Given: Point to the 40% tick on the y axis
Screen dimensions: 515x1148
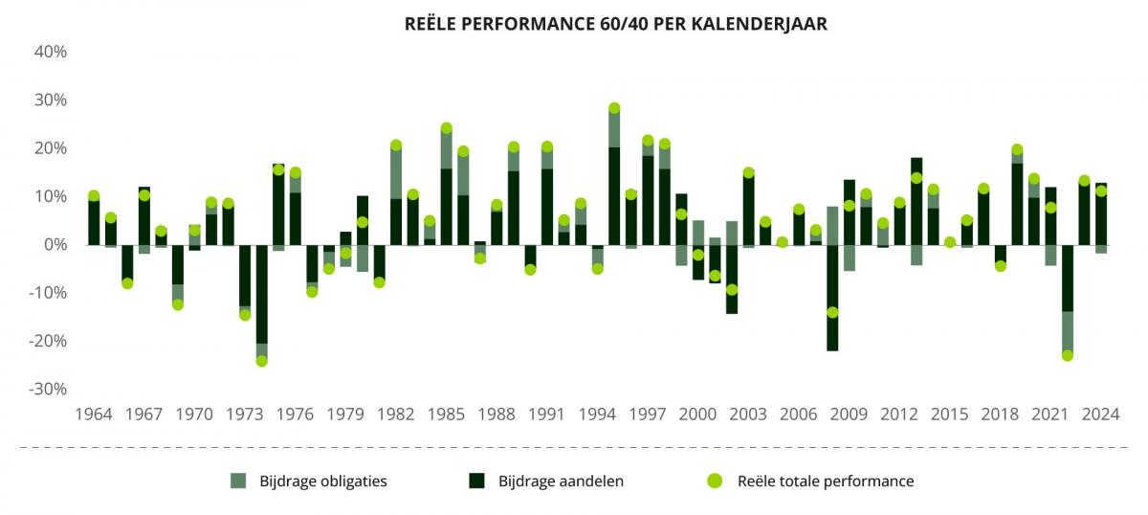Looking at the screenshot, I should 51,52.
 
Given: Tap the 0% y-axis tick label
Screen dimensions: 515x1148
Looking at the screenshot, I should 55,245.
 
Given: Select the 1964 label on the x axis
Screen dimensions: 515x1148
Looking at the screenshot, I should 93,414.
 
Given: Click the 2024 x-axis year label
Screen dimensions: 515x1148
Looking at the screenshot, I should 1100,414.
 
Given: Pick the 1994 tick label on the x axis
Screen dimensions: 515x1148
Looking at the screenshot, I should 597,414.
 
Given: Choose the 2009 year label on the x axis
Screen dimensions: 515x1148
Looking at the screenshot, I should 849,414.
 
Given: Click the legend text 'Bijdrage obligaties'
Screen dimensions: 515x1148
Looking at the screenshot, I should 323,481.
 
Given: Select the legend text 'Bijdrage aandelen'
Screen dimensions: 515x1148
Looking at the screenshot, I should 561,481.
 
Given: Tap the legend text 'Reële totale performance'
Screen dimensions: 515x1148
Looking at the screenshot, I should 826,481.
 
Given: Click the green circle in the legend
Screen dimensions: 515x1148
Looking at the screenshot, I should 714,481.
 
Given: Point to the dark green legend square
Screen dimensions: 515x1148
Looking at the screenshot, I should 476,481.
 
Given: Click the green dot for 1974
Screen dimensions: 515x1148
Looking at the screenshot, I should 261,361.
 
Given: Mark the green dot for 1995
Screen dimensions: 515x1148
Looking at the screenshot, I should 614,108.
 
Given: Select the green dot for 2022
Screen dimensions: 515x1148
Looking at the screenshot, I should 1068,355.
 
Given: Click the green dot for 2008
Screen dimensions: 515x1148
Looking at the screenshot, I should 832,312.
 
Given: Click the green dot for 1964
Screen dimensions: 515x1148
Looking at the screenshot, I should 94,196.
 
